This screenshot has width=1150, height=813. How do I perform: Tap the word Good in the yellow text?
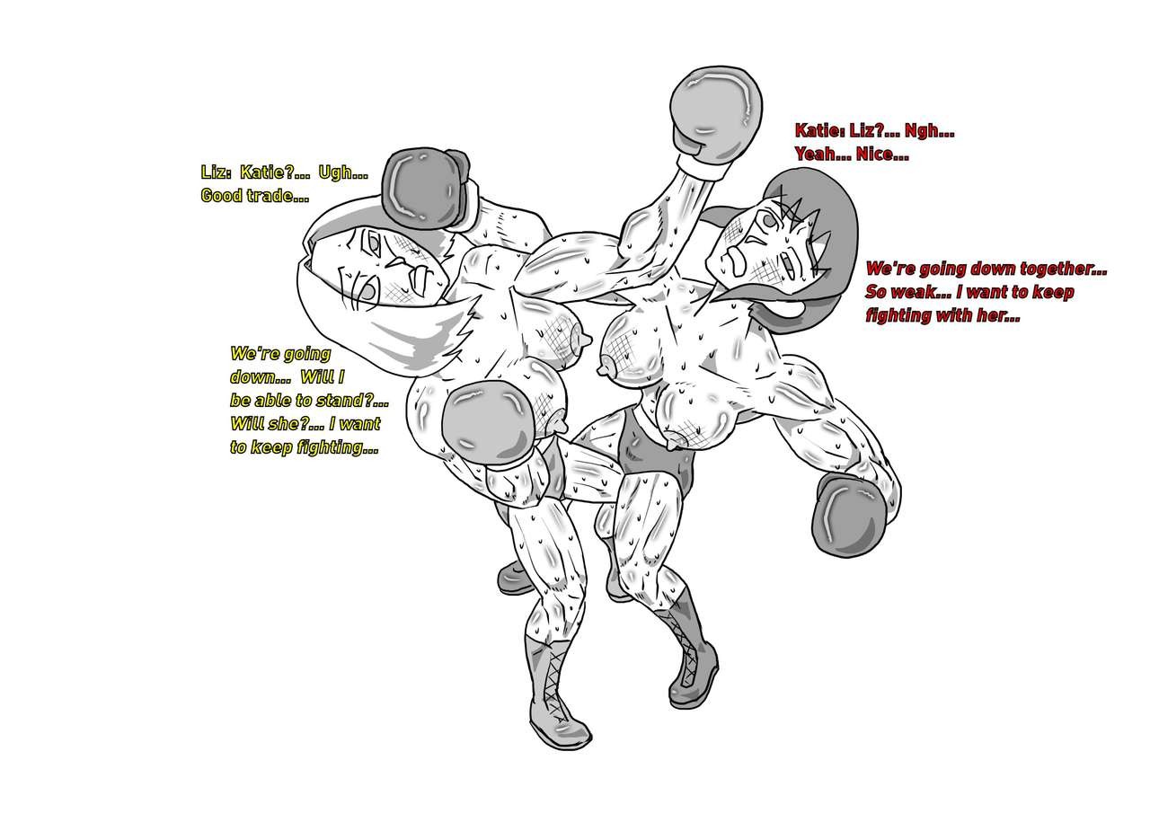pos(221,196)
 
